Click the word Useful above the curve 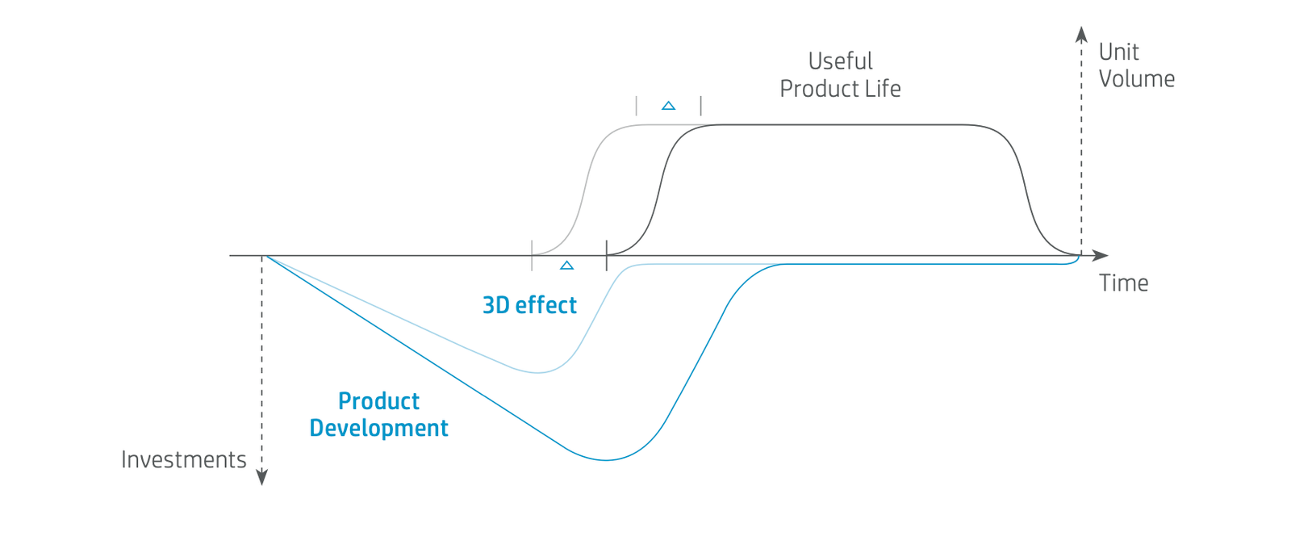tap(840, 61)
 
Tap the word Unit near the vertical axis tap(1118, 52)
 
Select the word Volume tap(1137, 79)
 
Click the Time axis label tap(1124, 283)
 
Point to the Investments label tap(184, 459)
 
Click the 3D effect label tap(529, 305)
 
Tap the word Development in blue tap(378, 428)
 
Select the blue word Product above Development tap(378, 401)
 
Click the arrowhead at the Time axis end tap(1101, 255)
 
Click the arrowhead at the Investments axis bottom tap(261, 477)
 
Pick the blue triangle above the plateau tap(669, 106)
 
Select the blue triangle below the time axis tap(567, 265)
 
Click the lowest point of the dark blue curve tap(606, 460)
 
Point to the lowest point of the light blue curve tap(537, 372)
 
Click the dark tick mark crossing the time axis tap(606, 255)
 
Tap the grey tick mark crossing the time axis tap(532, 255)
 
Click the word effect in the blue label tap(545, 305)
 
